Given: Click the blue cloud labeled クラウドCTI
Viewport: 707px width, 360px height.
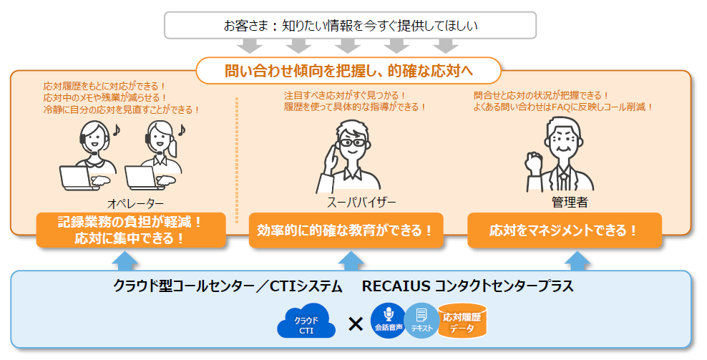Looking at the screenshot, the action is tap(306, 321).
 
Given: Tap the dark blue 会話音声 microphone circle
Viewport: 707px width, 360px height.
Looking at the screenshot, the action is tap(389, 321).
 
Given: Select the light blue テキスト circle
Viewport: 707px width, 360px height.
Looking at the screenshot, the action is tap(421, 321).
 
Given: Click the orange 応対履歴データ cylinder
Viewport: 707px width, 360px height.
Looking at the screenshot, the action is tap(462, 321).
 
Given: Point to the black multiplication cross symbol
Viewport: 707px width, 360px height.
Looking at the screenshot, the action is tap(356, 323).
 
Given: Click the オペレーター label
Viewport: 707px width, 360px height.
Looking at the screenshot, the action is tap(136, 204).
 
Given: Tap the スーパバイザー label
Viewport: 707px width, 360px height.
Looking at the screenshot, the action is tap(361, 202).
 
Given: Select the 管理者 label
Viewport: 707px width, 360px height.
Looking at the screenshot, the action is tap(570, 202).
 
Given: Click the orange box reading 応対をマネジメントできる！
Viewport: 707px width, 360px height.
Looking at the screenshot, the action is tap(565, 230).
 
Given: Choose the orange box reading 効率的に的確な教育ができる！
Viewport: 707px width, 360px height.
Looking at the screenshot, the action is tap(346, 230).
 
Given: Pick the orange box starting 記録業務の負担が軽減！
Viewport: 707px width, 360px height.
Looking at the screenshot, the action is tap(131, 230).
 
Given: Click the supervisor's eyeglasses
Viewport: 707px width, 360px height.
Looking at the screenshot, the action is tap(352, 143).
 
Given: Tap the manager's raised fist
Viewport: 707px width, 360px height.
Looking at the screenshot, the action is tap(535, 162).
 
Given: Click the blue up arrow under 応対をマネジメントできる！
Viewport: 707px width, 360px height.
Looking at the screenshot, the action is tap(577, 261).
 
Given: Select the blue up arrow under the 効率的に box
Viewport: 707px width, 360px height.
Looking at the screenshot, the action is tap(351, 261).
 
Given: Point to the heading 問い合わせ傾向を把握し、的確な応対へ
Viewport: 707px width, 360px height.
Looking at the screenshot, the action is tap(348, 71).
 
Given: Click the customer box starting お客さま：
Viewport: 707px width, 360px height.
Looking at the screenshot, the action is tap(351, 25).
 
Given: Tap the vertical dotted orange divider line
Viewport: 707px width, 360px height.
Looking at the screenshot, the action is tap(237, 160).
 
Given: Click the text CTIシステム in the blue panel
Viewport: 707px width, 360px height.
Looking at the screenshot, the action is tap(306, 286).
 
